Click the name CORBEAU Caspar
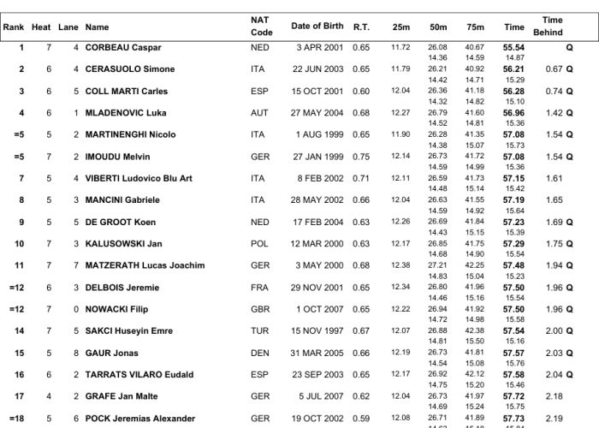pos(123,47)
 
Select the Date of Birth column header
pos(318,27)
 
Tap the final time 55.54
pos(513,47)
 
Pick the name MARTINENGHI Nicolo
pos(131,134)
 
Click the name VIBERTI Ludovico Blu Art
pos(139,178)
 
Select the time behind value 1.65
pos(555,199)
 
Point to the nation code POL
pos(259,244)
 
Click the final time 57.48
pos(513,265)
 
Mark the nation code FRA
pos(259,288)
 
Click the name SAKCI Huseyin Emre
pos(128,331)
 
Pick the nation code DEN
pos(259,353)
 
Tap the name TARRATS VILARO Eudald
pos(139,375)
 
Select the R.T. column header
pos(361,27)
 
